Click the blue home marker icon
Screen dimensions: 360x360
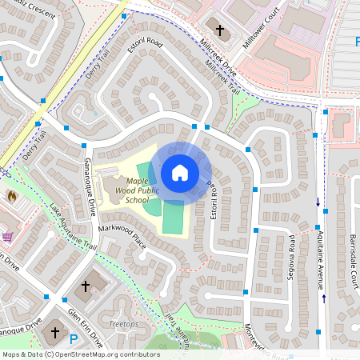click(x=180, y=172)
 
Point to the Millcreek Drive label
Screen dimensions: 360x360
click(x=218, y=55)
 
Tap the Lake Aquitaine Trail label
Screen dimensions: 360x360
click(x=73, y=229)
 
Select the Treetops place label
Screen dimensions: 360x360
click(x=123, y=324)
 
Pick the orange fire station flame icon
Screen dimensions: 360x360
click(x=11, y=195)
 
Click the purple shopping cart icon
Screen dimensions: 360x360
click(x=7, y=237)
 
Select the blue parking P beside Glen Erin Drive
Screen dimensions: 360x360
click(x=74, y=339)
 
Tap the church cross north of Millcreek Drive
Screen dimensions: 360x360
click(x=220, y=29)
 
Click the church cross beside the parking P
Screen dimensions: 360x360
click(x=55, y=331)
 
